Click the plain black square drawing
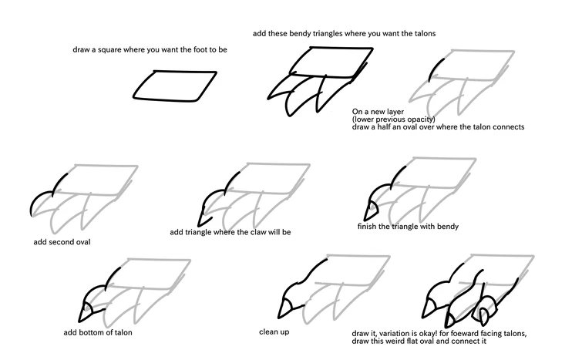click(174, 86)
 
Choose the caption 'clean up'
click(275, 332)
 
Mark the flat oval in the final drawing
click(486, 315)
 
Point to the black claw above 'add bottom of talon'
click(86, 311)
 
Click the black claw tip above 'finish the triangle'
click(370, 209)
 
